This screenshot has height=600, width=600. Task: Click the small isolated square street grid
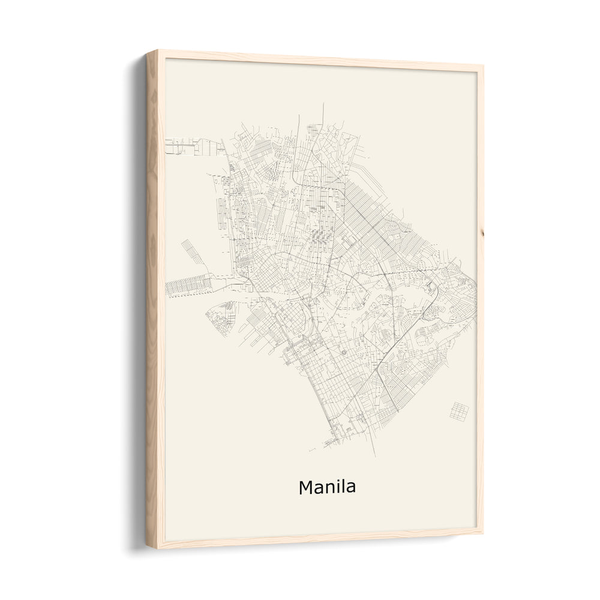pos(459,411)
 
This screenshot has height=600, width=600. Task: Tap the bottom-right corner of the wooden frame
pos(482,531)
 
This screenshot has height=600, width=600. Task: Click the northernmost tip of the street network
pos(323,104)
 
